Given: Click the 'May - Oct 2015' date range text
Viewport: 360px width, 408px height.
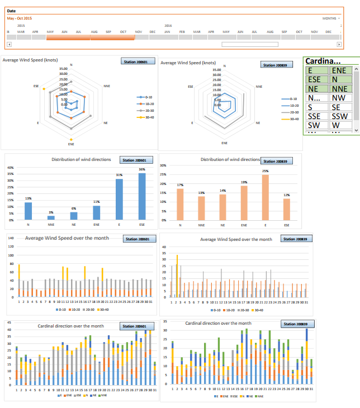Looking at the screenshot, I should (20, 18).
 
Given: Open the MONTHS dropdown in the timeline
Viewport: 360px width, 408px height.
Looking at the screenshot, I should (331, 18).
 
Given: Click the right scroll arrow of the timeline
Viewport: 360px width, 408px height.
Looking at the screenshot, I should (338, 44).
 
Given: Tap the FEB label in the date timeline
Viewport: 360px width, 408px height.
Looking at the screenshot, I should (182, 32).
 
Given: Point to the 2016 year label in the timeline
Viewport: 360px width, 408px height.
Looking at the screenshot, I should (168, 26).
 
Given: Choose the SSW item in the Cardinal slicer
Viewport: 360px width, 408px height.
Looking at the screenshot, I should (340, 116).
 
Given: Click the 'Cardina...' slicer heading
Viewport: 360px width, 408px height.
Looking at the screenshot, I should (323, 60).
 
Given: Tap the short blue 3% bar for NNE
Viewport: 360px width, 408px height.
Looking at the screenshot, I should (51, 217).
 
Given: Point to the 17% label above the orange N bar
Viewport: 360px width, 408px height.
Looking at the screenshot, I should (180, 185).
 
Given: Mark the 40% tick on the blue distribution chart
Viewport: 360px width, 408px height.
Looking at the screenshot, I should (10, 167).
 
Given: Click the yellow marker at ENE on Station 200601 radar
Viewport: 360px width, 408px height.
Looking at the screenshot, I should (71, 139).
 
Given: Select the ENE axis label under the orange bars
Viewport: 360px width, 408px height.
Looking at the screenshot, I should (244, 225).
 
